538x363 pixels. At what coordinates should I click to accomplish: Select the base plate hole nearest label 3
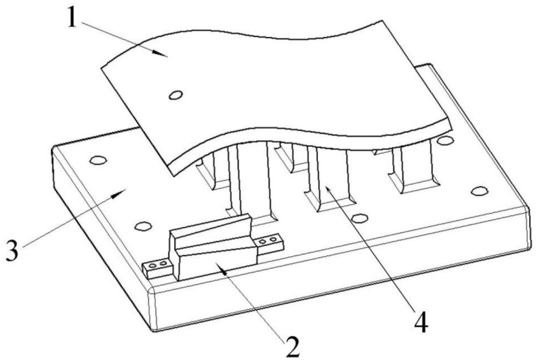pyautogui.click(x=97, y=160)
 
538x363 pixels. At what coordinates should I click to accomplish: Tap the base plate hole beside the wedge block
pyautogui.click(x=141, y=226)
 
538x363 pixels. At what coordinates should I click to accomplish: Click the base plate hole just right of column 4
pyautogui.click(x=359, y=218)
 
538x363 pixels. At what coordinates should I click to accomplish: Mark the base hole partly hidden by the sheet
pyautogui.click(x=444, y=141)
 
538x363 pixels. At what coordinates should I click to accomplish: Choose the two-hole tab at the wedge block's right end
pyautogui.click(x=267, y=241)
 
